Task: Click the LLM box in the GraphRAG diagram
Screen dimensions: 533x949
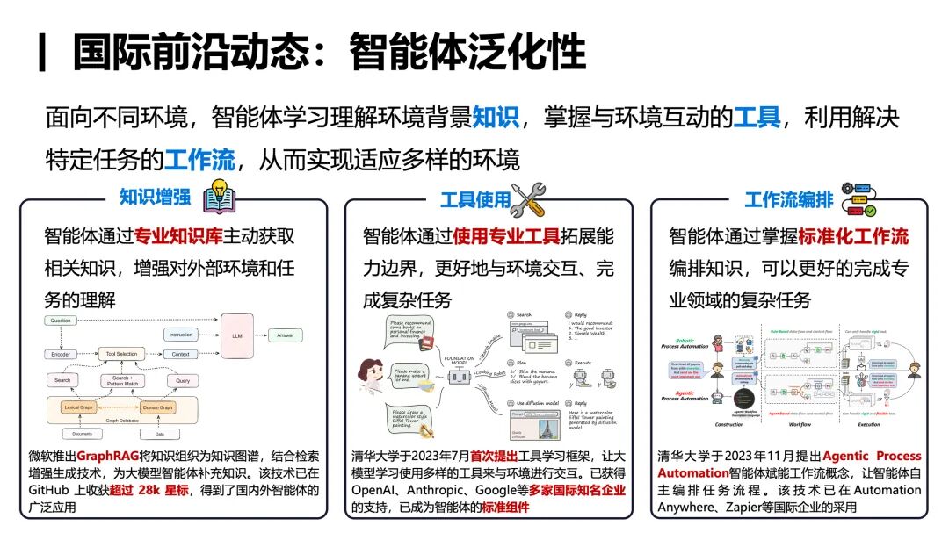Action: [236, 335]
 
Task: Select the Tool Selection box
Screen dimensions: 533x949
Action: [121, 354]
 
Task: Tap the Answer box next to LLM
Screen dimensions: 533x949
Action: [286, 335]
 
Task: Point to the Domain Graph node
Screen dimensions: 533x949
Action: [159, 407]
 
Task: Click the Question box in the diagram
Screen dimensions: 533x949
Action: [61, 321]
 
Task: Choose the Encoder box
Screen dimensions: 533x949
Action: [61, 354]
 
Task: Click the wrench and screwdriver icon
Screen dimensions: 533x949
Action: [527, 198]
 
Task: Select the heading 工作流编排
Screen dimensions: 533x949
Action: [788, 199]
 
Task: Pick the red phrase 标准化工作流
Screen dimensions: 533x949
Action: [852, 236]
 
